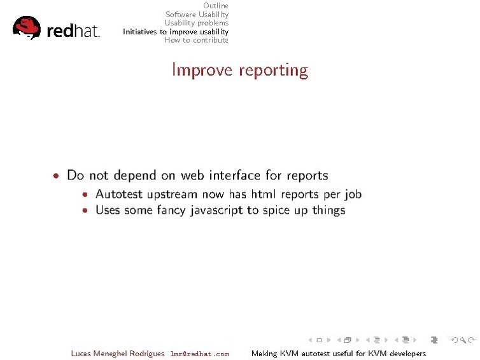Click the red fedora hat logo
coord(26,27)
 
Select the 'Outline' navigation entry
coord(215,6)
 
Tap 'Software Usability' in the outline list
coord(197,15)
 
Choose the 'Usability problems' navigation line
coord(196,23)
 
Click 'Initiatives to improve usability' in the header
coord(176,31)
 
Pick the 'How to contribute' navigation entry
coord(196,40)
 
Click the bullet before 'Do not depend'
coord(57,176)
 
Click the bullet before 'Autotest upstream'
coord(86,194)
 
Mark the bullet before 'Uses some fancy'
coord(86,210)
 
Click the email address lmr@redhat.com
coord(199,354)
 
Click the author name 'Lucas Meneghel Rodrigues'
coord(118,354)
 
